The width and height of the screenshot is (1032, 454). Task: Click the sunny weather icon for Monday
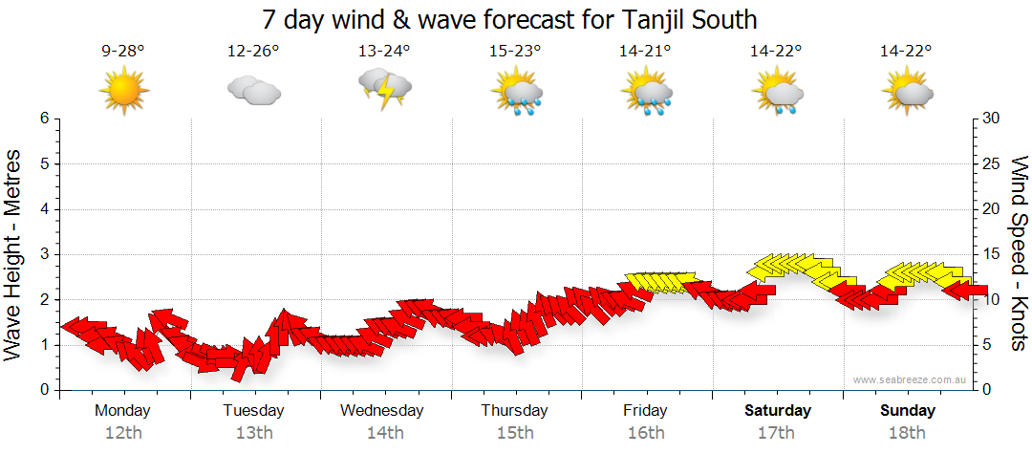pyautogui.click(x=123, y=90)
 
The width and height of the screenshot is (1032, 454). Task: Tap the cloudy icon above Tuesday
pyautogui.click(x=253, y=91)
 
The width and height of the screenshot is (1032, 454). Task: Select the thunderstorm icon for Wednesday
pyautogui.click(x=384, y=89)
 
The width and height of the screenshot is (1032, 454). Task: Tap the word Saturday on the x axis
pyautogui.click(x=778, y=411)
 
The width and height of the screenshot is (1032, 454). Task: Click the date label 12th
pyautogui.click(x=123, y=433)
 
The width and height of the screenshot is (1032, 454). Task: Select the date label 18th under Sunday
pyautogui.click(x=908, y=433)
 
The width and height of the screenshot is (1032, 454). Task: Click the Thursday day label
pyautogui.click(x=514, y=411)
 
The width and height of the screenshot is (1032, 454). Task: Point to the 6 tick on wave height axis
pyautogui.click(x=44, y=119)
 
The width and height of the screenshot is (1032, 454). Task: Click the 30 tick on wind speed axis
pyautogui.click(x=991, y=119)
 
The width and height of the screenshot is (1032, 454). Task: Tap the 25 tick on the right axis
pyautogui.click(x=991, y=163)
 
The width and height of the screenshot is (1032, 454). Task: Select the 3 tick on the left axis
pyautogui.click(x=44, y=254)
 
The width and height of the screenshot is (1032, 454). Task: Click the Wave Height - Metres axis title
pyautogui.click(x=15, y=254)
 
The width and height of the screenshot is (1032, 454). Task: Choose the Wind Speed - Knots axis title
pyautogui.click(x=1018, y=254)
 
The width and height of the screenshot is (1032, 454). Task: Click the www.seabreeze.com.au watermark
pyautogui.click(x=911, y=379)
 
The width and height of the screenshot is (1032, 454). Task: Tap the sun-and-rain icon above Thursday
pyautogui.click(x=516, y=91)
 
